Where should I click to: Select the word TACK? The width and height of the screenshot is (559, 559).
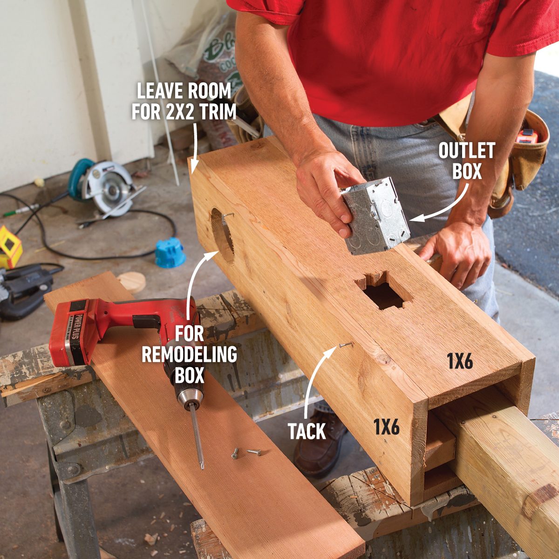tap(307, 431)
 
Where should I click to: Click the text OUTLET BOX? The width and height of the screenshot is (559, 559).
tap(467, 161)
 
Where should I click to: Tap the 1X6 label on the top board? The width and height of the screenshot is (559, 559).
tap(460, 361)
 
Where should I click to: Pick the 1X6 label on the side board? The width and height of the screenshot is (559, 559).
tap(386, 426)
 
